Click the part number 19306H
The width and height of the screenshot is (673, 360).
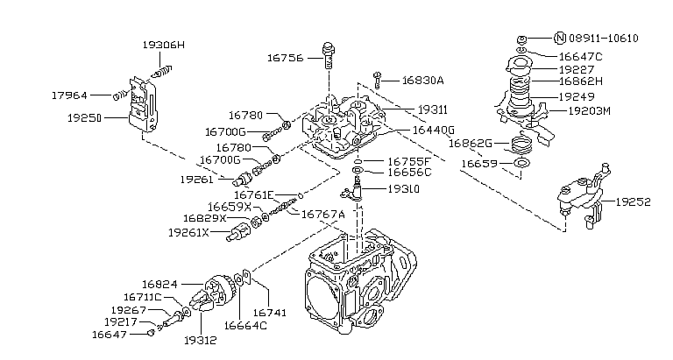pos(164,44)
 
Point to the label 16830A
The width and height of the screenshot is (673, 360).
pos(422,81)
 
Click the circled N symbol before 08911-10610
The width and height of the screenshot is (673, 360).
pos(561,38)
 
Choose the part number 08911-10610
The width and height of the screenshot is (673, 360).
pos(604,38)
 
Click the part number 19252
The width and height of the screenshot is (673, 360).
pos(633,201)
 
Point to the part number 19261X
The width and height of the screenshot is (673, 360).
pos(188,233)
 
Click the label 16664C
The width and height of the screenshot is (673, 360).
pos(246,325)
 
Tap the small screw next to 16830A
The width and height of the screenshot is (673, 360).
pos(377,79)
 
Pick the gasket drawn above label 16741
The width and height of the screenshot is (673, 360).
pos(250,280)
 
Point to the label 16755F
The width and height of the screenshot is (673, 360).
pos(409,161)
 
